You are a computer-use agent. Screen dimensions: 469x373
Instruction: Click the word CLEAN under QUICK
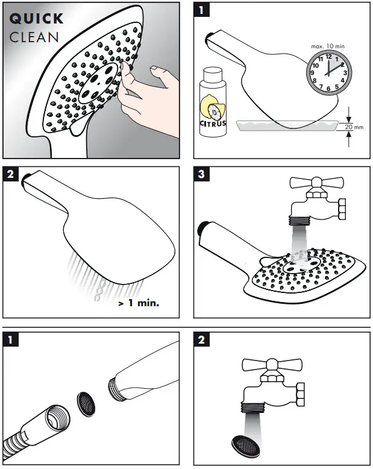click(x=34, y=37)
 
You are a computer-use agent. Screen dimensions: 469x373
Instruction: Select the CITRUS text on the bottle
click(x=212, y=124)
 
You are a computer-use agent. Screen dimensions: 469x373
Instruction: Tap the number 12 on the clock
click(x=328, y=56)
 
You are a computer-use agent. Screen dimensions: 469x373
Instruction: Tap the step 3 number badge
click(x=203, y=175)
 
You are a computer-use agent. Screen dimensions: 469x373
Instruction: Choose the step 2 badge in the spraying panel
click(x=11, y=175)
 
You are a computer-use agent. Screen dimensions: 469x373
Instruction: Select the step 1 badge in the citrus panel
click(x=203, y=11)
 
